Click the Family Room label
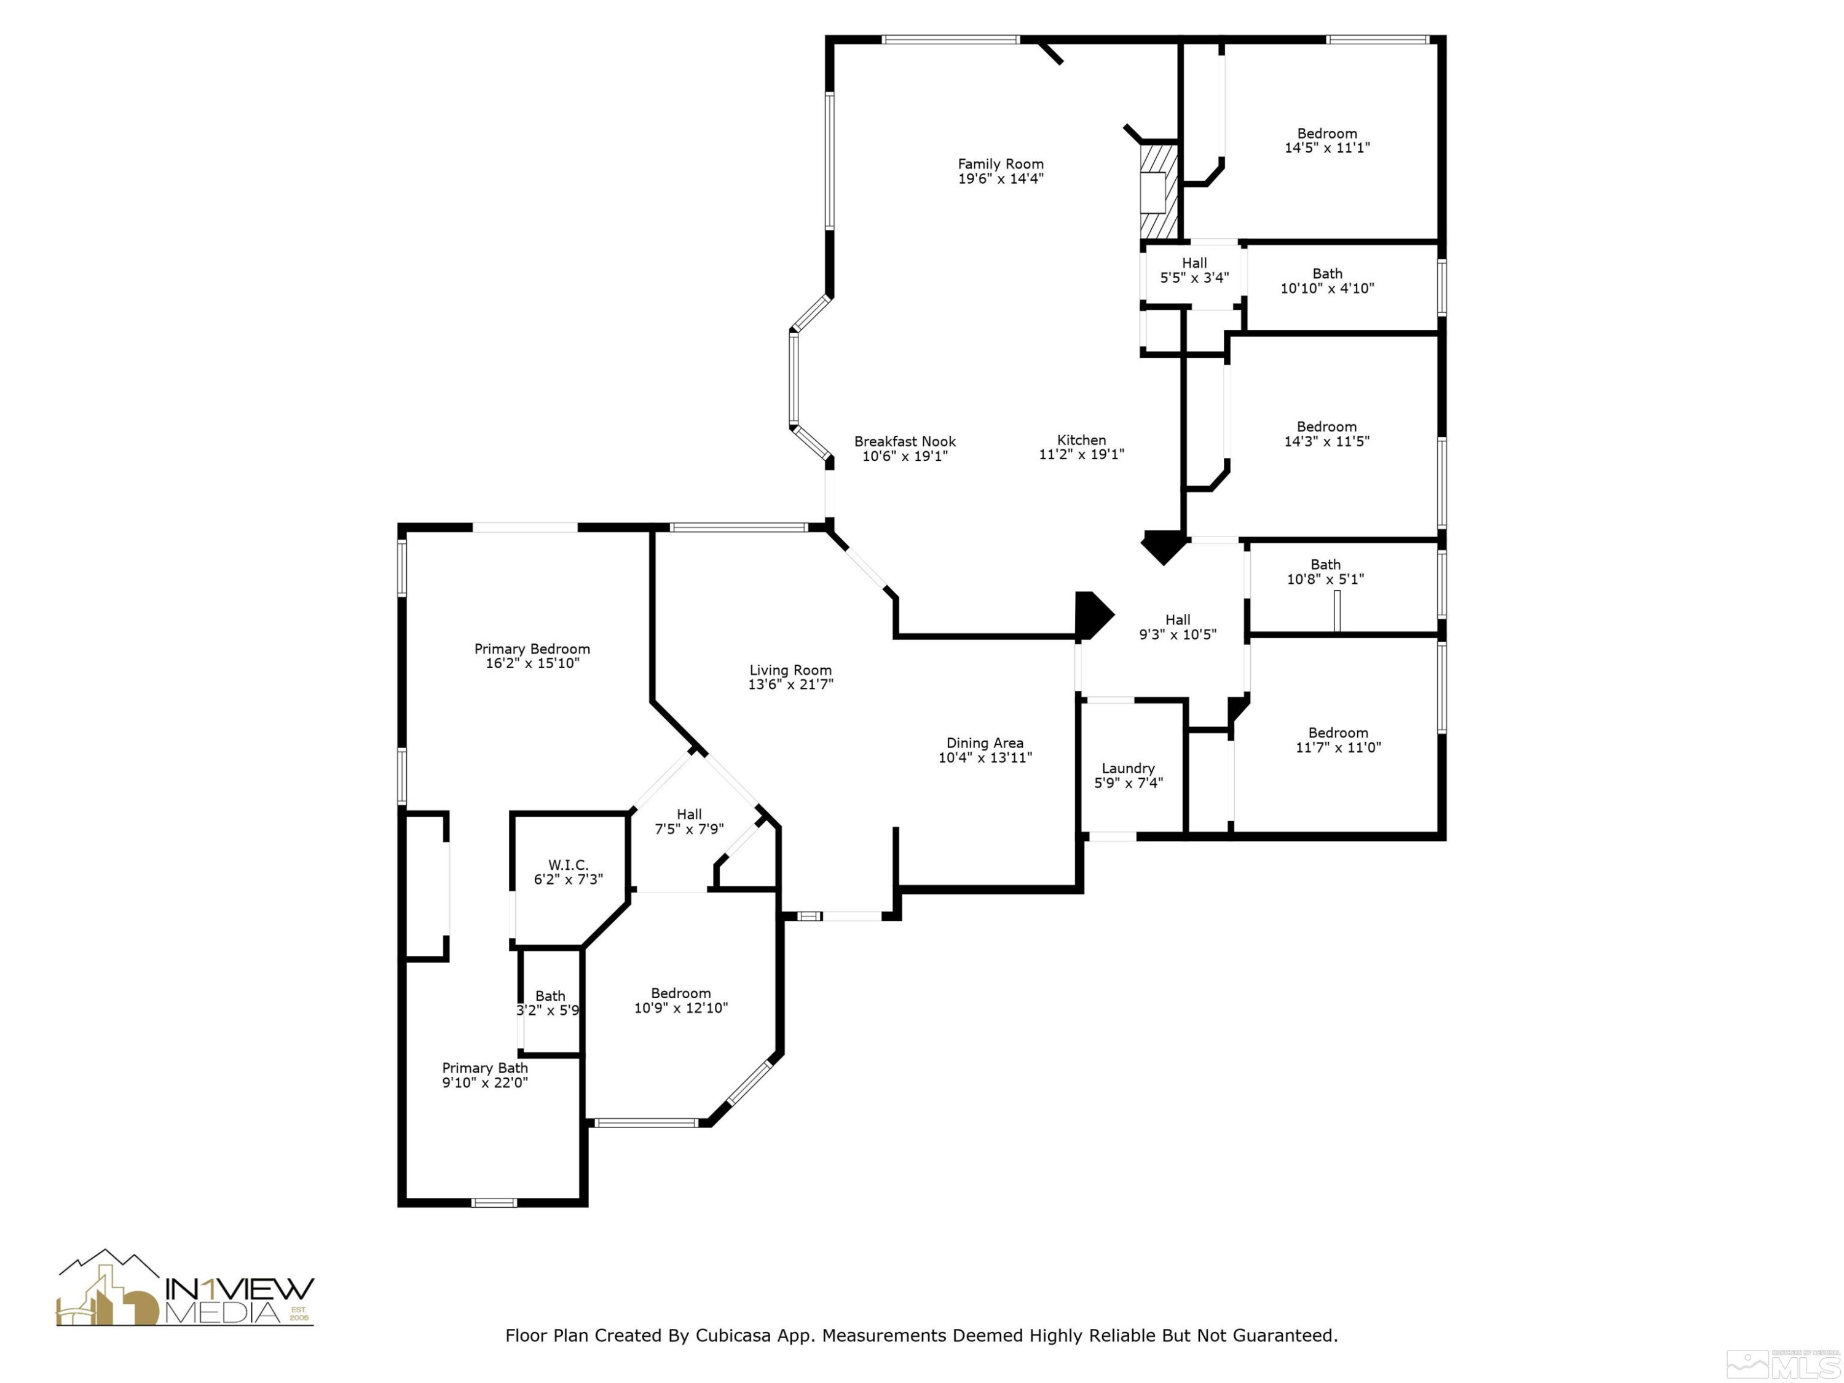point(1000,164)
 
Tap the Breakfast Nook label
point(905,442)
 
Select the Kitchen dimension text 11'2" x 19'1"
point(1081,454)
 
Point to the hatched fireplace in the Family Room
point(1159,191)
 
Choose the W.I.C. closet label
point(568,865)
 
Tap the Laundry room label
point(1128,768)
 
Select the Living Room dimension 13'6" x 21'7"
point(790,684)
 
